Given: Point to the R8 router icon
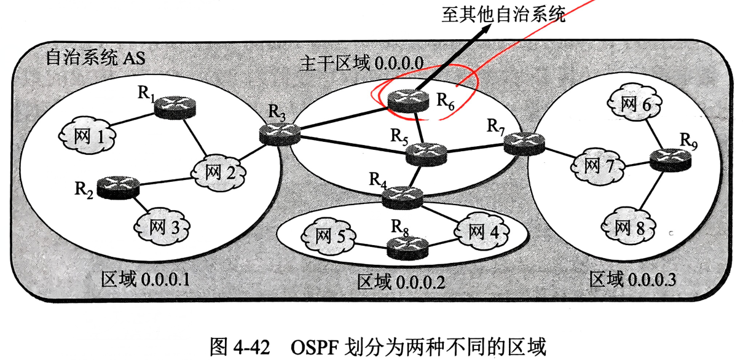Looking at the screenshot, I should tap(406, 248).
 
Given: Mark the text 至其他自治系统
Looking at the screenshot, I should tap(502, 15).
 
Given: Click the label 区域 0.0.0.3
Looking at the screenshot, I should tap(632, 280).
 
